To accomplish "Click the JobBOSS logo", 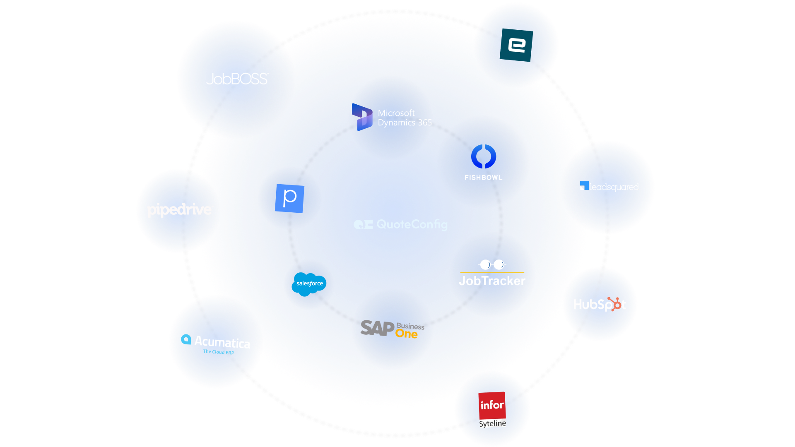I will point(237,79).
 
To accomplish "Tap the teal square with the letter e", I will point(516,45).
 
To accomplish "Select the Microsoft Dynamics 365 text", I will point(405,118).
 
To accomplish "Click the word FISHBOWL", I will point(483,178).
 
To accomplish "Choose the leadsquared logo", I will point(609,187).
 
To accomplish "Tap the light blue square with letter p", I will point(290,198).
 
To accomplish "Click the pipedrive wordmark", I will point(180,210).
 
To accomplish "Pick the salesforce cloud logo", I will point(309,284).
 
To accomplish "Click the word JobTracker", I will point(492,281).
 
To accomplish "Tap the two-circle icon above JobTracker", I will point(492,264).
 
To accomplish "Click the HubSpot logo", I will point(600,305).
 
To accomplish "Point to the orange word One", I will point(406,334).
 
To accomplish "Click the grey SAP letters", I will point(377,328).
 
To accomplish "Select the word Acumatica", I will point(222,342).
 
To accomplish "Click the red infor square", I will point(492,405).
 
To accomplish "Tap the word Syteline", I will point(493,423).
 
